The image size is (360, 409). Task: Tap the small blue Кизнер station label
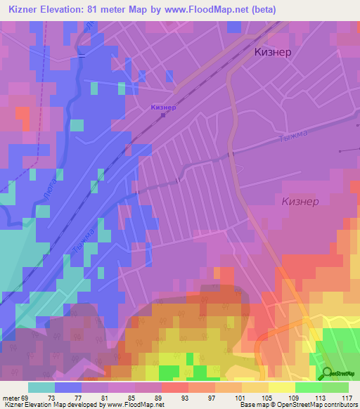coord(163,108)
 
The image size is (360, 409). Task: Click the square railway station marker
coord(163,117)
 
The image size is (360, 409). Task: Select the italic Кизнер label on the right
coord(300,201)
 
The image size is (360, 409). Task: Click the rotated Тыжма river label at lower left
coord(84,242)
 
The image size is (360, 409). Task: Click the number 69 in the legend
coord(27,397)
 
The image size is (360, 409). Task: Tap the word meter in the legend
coord(10,397)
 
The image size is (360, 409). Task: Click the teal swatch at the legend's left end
coord(41,387)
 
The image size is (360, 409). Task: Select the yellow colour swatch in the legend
coord(282,387)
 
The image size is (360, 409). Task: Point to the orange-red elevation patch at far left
coord(22,115)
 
